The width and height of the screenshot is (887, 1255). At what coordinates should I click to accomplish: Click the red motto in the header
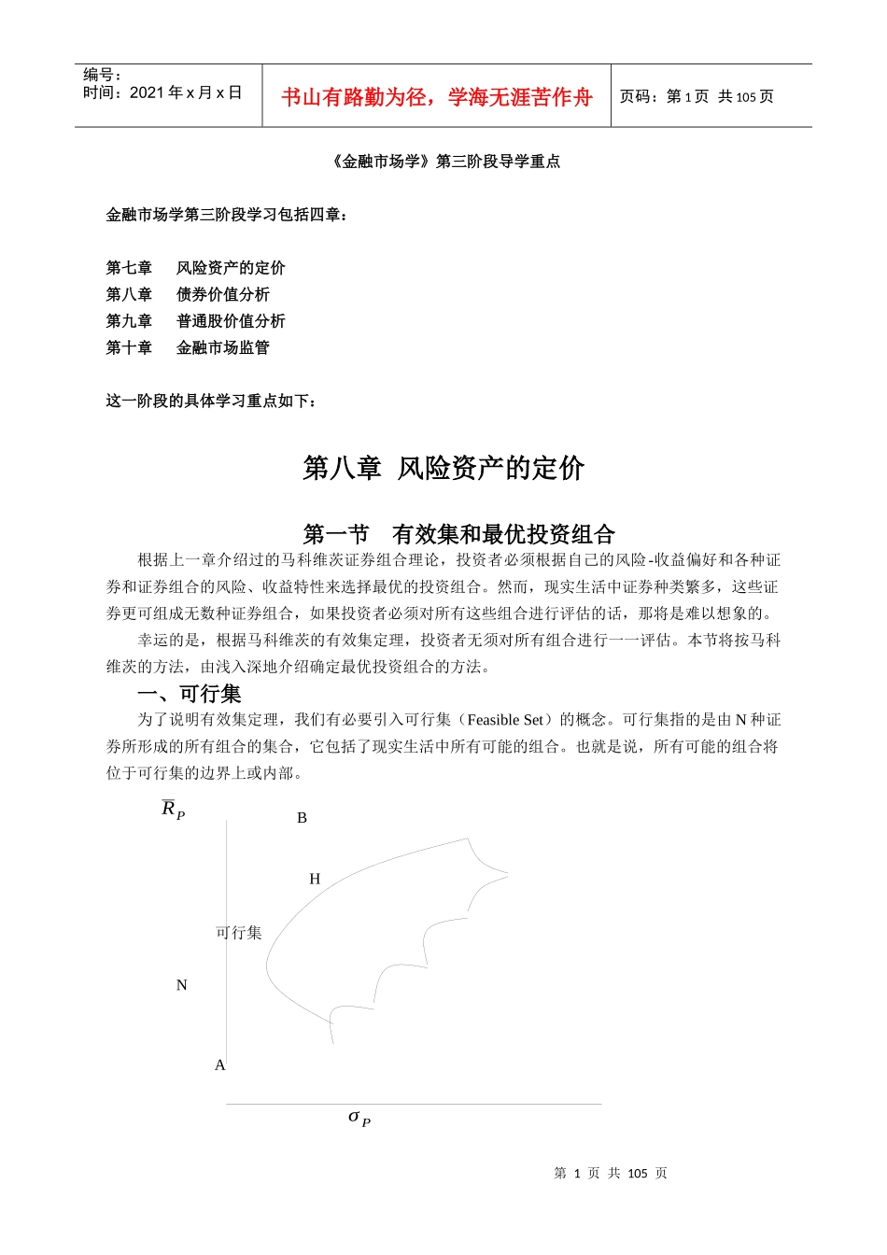point(436,97)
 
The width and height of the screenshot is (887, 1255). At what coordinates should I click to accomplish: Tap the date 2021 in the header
point(147,92)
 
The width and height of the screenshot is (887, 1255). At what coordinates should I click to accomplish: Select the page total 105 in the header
point(745,97)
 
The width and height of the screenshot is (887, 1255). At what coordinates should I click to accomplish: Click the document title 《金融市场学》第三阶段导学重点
point(444,162)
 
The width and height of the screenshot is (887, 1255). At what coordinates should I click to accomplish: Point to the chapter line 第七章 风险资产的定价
point(195,268)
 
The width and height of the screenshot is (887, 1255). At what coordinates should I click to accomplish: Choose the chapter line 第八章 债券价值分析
point(188,294)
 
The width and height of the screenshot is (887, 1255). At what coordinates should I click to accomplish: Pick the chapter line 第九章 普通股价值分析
point(195,321)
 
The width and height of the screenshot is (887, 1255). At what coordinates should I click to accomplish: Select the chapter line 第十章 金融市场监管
point(188,347)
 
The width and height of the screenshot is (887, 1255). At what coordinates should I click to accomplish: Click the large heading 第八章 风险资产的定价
point(443,468)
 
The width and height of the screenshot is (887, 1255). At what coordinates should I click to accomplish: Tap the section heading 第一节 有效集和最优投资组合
point(458,534)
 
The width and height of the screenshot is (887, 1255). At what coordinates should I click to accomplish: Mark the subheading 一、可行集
point(190,694)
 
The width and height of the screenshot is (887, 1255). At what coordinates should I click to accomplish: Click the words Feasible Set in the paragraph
point(505,720)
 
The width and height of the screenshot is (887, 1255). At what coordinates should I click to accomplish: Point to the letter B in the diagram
point(302,818)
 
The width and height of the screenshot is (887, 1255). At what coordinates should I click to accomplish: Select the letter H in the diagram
point(315,880)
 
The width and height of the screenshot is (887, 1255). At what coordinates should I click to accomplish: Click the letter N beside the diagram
point(182,985)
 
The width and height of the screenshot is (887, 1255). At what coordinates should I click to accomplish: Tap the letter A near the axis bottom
point(220,1065)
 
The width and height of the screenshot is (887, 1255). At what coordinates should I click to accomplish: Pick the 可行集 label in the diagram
point(239,933)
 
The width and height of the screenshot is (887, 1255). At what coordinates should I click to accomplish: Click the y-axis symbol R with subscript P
point(173,810)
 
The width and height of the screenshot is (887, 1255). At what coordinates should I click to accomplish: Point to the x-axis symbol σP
point(359,1117)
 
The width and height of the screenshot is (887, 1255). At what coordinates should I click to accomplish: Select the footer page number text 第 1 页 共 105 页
point(611,1174)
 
